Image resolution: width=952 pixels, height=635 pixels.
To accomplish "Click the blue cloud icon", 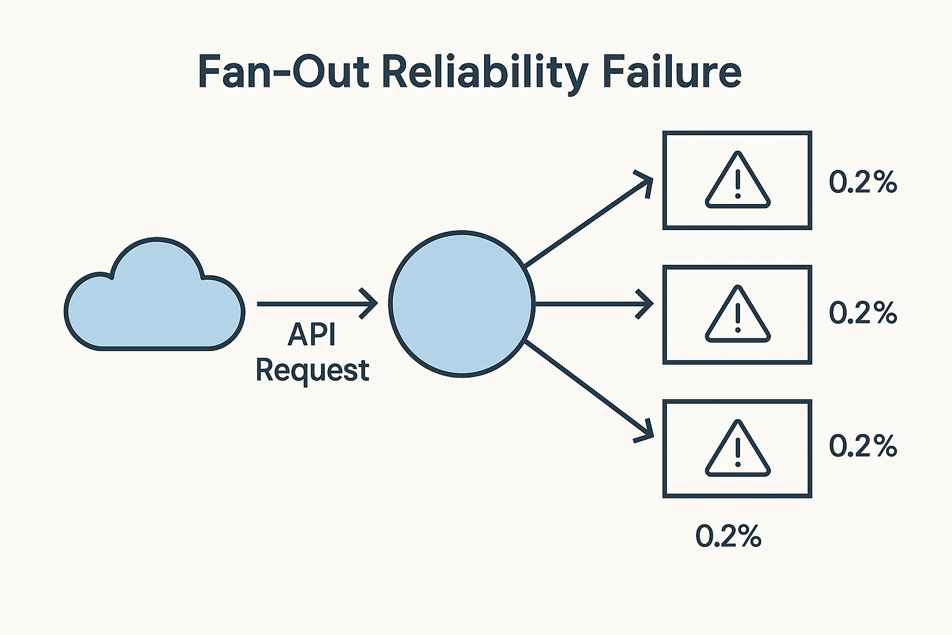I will click(x=154, y=296).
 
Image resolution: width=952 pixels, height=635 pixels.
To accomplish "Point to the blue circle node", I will click(x=462, y=304).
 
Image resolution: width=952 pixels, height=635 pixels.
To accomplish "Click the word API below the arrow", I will click(x=312, y=335).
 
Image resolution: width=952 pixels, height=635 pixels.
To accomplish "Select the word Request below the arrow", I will click(x=312, y=370).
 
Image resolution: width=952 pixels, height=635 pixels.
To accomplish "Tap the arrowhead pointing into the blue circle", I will click(x=371, y=304).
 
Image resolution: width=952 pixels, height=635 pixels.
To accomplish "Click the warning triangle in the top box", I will click(x=738, y=180).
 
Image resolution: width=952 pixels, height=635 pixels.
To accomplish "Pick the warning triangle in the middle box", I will click(x=738, y=314).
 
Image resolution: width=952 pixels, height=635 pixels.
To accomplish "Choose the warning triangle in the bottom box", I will click(x=738, y=449).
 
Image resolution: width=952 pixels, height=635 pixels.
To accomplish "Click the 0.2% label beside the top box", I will click(x=863, y=182).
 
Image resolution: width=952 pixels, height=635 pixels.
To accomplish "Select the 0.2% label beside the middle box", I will click(x=863, y=313).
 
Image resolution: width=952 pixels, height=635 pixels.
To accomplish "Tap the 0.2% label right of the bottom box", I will click(x=863, y=446).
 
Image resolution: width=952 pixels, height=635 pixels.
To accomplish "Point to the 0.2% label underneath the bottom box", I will click(x=728, y=536).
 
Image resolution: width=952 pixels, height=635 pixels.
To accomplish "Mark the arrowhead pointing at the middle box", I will click(x=646, y=304).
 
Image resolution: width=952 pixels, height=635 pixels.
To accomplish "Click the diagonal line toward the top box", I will click(x=583, y=224).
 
